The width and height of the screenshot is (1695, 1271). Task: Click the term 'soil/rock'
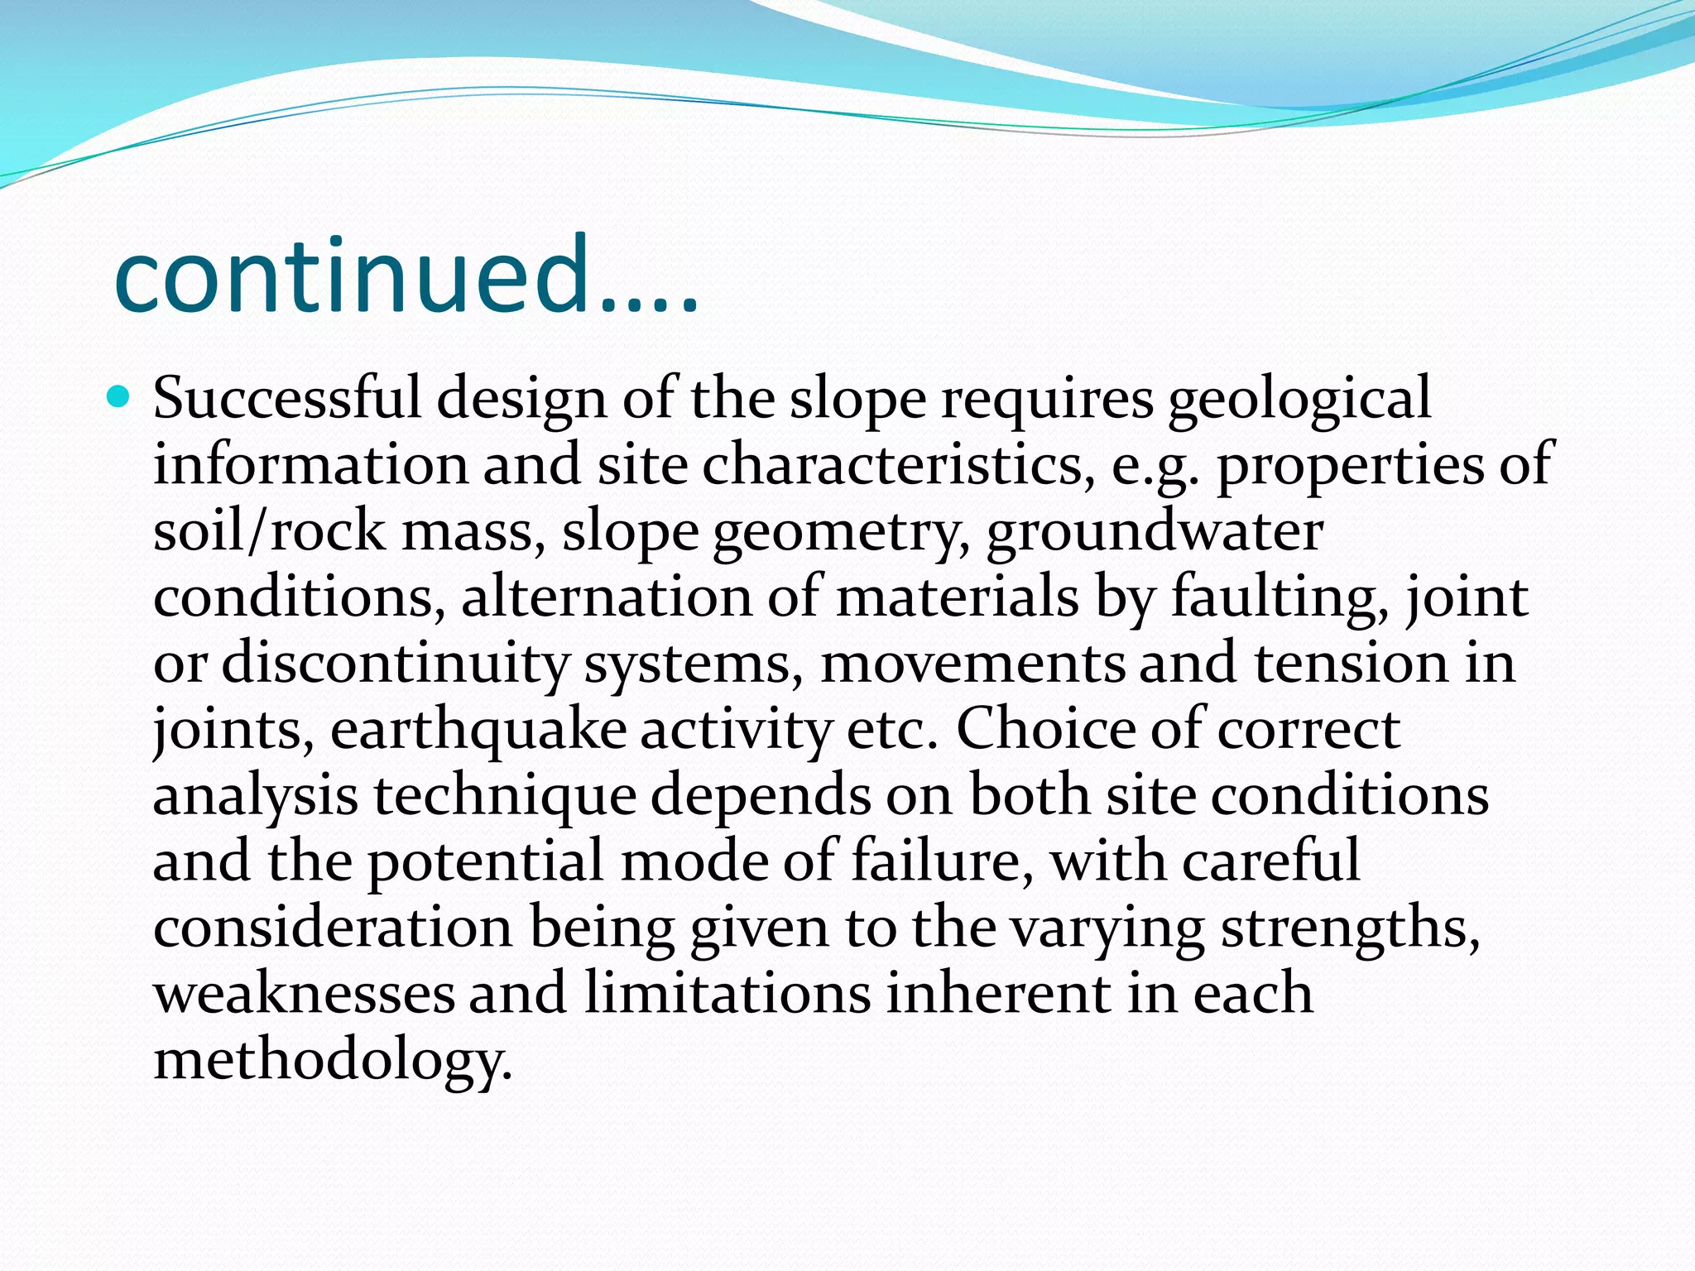(x=269, y=530)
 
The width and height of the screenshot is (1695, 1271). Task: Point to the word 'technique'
(x=504, y=797)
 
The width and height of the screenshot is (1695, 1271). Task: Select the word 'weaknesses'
(x=304, y=994)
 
